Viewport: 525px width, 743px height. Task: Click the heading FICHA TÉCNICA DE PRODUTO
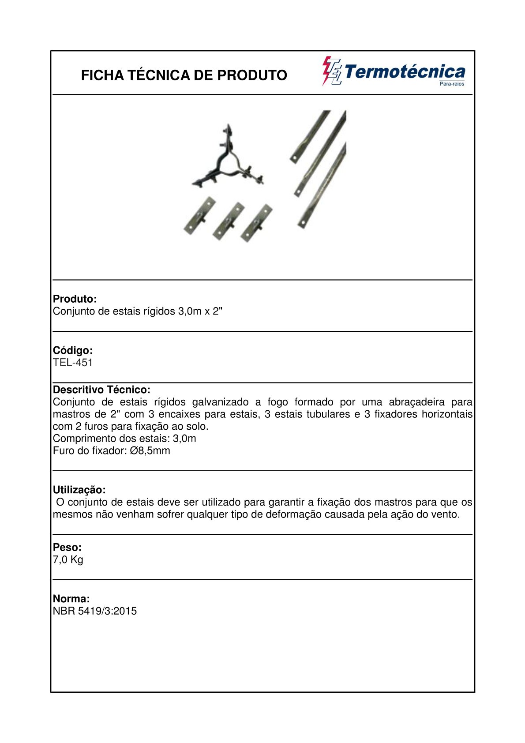click(184, 75)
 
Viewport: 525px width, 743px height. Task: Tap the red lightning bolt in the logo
click(327, 71)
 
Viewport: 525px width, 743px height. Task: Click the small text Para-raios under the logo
click(452, 84)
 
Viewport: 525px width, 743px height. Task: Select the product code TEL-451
click(73, 363)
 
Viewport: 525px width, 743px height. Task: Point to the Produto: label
click(75, 299)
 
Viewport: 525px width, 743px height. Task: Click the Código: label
click(73, 350)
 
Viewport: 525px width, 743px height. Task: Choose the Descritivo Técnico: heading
click(101, 390)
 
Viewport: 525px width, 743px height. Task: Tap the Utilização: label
click(79, 490)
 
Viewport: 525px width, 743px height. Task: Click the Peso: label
click(67, 547)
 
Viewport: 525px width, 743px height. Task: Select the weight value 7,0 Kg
click(68, 559)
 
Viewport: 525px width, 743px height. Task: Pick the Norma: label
click(71, 599)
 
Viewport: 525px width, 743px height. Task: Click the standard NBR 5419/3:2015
click(95, 611)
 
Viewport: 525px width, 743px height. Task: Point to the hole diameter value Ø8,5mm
click(150, 450)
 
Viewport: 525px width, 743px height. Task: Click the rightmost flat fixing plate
click(256, 222)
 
